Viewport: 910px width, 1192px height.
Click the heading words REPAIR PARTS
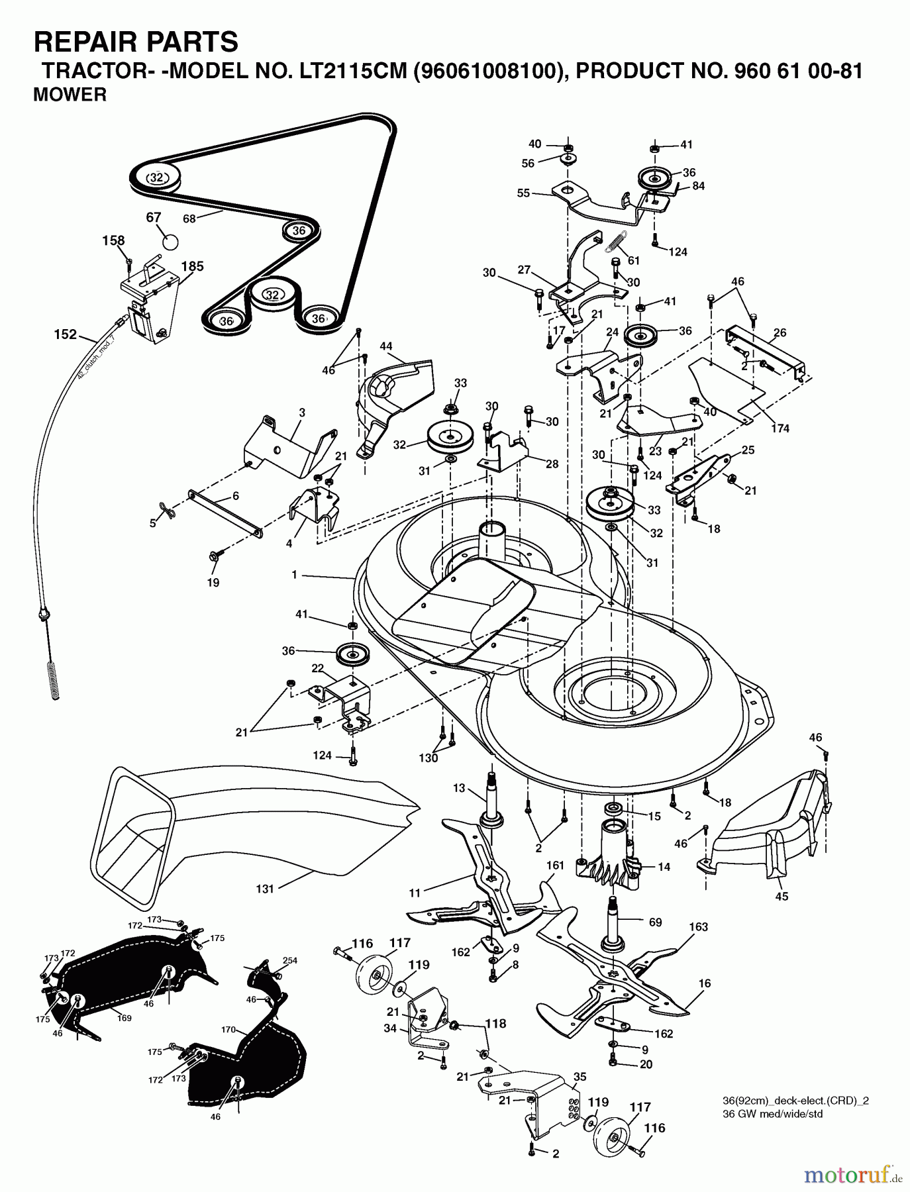click(x=136, y=42)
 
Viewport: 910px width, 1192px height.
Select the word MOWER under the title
click(x=70, y=95)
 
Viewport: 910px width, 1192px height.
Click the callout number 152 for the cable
click(x=66, y=334)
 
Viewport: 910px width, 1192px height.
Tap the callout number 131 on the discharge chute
click(x=264, y=889)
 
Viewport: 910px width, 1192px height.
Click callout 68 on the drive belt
click(x=189, y=218)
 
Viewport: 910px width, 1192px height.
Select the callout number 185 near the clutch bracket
click(x=192, y=266)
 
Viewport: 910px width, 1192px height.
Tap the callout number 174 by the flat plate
click(x=780, y=428)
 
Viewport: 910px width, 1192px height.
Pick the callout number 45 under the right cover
click(x=782, y=896)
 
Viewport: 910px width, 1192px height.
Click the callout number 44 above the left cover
click(x=386, y=346)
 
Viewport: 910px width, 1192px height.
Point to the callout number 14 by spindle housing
click(x=664, y=867)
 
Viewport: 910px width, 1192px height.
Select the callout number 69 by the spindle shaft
click(x=655, y=922)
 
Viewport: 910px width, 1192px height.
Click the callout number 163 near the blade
click(x=699, y=927)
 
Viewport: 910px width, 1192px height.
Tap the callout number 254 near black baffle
click(x=289, y=960)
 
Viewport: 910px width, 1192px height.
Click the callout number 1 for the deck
click(x=294, y=575)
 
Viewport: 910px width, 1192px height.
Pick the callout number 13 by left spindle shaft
click(x=460, y=787)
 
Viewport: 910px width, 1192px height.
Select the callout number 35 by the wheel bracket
click(x=580, y=1077)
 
